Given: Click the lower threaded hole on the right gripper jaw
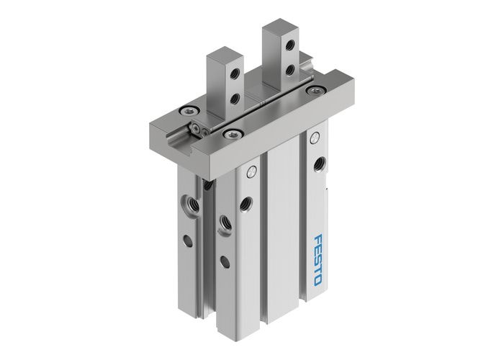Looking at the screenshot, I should [289, 70].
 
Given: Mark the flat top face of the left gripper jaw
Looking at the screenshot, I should [222, 53].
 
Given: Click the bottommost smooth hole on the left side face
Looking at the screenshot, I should [225, 261].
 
